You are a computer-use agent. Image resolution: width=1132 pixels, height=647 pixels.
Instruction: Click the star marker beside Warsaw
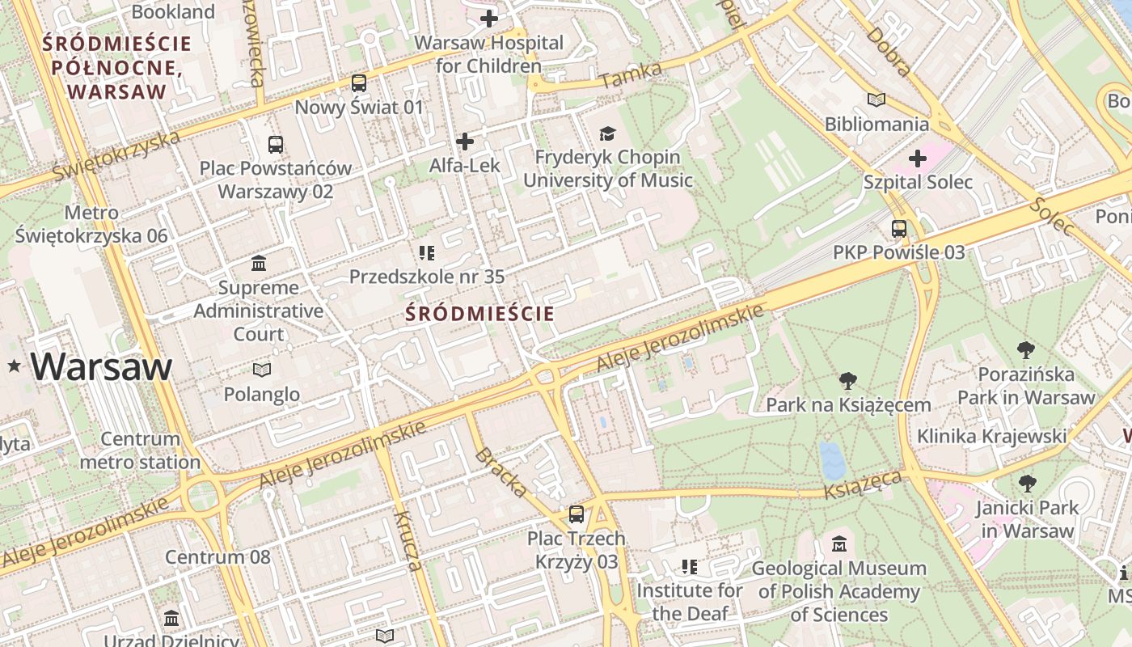tap(14, 367)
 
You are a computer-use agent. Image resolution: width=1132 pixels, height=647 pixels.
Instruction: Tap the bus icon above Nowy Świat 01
tap(359, 82)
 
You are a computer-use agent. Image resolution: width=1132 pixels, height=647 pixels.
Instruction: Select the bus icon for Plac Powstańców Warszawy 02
tap(276, 145)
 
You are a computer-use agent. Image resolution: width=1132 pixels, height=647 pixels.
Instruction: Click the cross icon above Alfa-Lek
tap(465, 142)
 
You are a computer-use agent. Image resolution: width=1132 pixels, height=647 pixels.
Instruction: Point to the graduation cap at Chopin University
tap(607, 133)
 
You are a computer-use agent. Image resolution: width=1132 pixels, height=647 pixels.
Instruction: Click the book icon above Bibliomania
tap(876, 100)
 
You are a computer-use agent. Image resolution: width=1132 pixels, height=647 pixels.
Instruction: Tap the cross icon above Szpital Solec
tap(918, 158)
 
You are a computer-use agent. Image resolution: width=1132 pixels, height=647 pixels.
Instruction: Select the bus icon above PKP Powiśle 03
tap(899, 229)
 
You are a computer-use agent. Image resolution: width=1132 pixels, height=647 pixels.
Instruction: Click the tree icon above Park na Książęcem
tap(848, 381)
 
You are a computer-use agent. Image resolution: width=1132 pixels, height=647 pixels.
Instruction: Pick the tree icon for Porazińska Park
tap(1026, 350)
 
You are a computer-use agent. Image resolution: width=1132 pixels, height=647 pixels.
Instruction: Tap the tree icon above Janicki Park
tap(1027, 484)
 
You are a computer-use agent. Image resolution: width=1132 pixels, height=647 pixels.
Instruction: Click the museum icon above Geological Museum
tap(839, 544)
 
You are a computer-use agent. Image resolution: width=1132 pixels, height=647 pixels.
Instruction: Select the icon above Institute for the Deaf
tap(689, 567)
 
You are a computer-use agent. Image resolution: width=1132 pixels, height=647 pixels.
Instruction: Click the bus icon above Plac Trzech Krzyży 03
tap(577, 514)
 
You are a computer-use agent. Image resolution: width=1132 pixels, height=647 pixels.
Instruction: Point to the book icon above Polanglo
tap(262, 370)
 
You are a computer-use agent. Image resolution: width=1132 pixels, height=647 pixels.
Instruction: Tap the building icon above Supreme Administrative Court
tap(259, 264)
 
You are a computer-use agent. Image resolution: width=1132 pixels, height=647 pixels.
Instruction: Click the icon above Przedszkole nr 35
tap(427, 253)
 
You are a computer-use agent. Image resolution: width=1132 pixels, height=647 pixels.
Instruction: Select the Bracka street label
tap(501, 472)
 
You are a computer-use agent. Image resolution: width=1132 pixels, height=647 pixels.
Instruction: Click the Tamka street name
tap(631, 75)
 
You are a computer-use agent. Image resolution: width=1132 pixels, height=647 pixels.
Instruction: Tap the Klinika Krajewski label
tap(991, 437)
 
